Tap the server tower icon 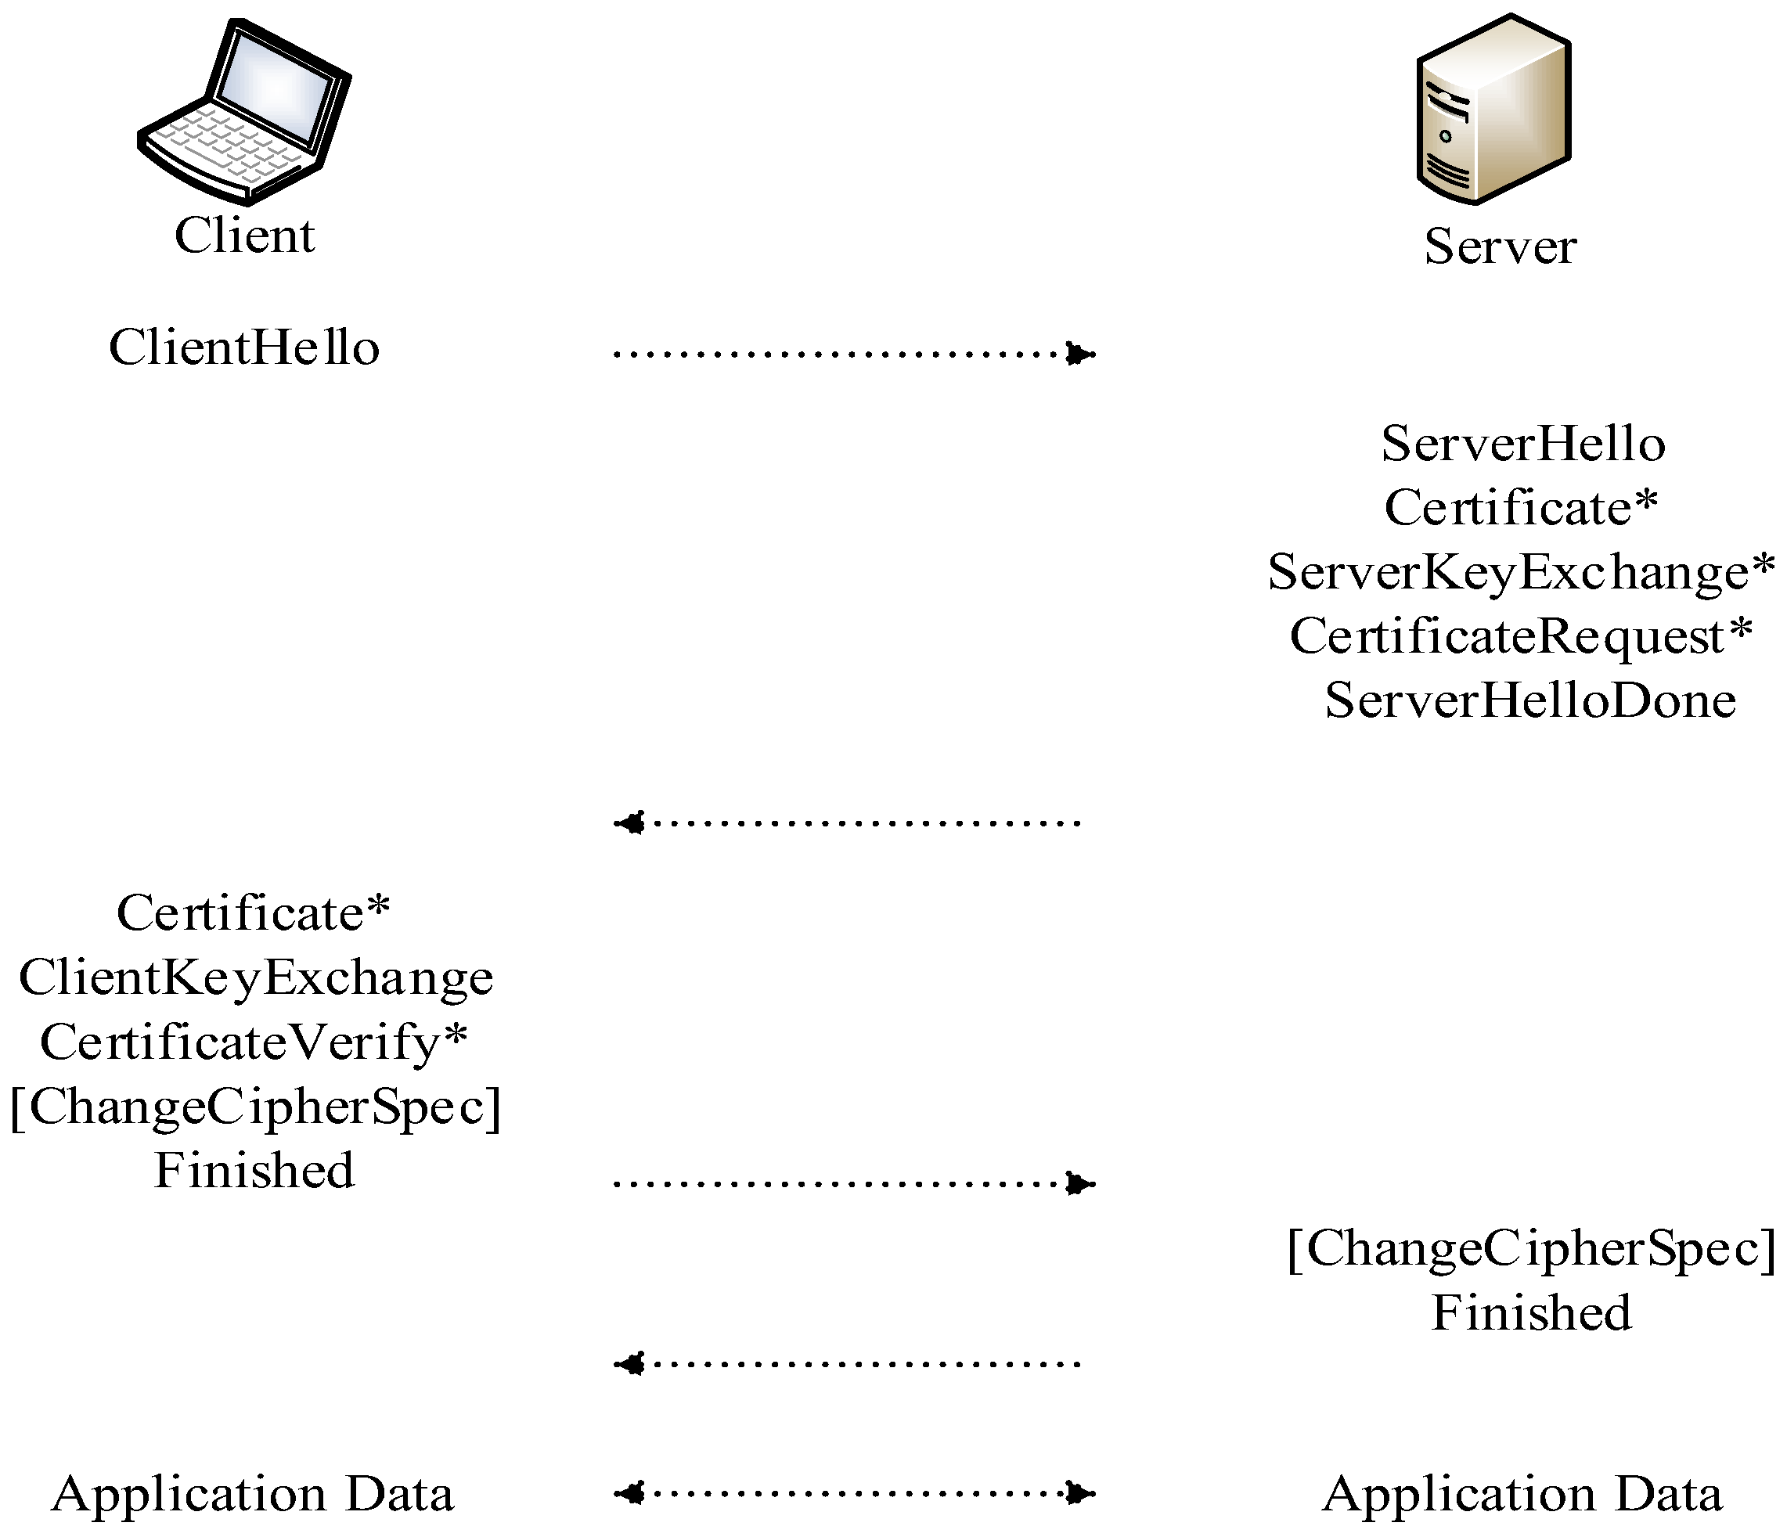[1493, 110]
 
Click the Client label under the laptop [245, 236]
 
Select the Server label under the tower [1501, 247]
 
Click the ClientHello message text [244, 348]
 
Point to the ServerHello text [1523, 445]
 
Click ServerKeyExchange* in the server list [1522, 573]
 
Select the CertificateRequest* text [1522, 636]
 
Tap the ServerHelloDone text [1530, 700]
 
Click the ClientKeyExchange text [256, 978]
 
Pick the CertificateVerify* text [254, 1042]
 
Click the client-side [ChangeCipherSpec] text [255, 1107]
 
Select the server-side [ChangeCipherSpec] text [1532, 1248]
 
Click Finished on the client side [254, 1171]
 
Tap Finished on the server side [1532, 1312]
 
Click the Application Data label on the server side [1522, 1494]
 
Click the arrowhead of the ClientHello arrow [1079, 354]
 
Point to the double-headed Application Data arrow [854, 1493]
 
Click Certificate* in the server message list [1522, 508]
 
